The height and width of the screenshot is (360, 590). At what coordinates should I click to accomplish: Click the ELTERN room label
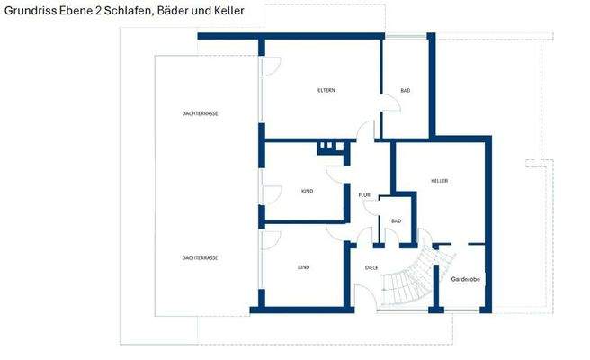point(326,91)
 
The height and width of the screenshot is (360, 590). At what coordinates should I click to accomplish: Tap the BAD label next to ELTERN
point(405,91)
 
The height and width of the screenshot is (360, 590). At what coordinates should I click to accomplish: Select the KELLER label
point(439,181)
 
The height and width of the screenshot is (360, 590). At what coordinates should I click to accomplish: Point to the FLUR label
point(364,195)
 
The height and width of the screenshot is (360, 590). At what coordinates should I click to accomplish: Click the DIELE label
point(370,267)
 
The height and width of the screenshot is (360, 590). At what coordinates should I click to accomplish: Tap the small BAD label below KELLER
point(396,220)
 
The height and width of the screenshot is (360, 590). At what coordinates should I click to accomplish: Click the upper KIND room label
point(307,192)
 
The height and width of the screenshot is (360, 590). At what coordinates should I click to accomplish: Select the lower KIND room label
point(304,267)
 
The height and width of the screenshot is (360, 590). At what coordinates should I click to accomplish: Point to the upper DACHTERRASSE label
point(201,113)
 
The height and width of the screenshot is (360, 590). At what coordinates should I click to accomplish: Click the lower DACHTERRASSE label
point(200,257)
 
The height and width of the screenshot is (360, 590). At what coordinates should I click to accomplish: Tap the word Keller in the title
point(226,10)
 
